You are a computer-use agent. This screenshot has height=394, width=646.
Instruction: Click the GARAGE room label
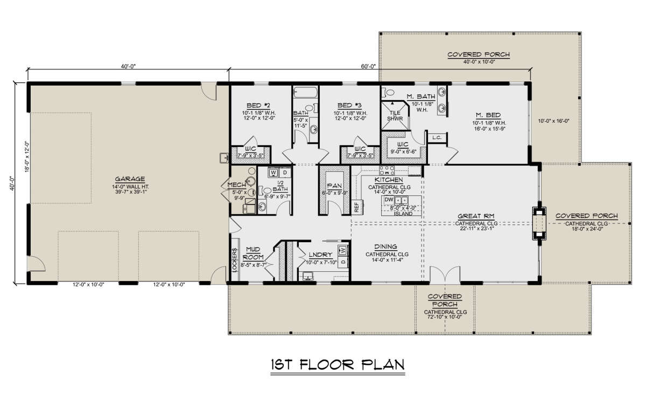130,179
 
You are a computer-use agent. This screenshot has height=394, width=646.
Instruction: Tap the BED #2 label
258,105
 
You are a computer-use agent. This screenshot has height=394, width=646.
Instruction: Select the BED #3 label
349,105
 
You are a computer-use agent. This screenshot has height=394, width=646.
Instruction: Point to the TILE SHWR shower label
395,116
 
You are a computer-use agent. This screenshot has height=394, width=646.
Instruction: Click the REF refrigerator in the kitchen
357,207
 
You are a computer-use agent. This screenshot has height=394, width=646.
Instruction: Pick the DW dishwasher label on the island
389,199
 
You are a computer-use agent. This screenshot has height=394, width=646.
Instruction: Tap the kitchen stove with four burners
387,170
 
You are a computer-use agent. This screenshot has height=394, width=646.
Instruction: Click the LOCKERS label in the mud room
235,260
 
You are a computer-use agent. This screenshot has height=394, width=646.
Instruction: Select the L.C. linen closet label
437,138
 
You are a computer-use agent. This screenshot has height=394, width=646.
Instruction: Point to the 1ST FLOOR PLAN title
338,365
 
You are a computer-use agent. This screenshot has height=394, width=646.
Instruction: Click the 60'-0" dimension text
368,66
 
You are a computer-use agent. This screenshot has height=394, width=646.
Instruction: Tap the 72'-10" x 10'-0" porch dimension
445,316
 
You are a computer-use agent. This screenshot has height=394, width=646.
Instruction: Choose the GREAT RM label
476,216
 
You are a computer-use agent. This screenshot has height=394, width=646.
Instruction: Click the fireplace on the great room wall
539,223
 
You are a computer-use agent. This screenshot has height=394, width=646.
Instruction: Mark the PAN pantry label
334,186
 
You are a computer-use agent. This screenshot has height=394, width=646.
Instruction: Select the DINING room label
385,247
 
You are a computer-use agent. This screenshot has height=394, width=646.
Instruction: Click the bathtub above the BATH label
306,93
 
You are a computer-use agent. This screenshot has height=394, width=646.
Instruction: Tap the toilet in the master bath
388,93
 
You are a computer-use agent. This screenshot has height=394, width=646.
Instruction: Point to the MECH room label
236,185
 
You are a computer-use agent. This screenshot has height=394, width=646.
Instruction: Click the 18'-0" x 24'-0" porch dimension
587,229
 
